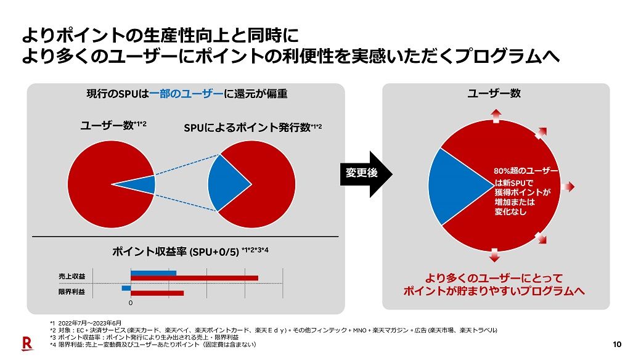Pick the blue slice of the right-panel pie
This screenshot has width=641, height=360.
tap(456, 186)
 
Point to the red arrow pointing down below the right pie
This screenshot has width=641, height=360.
tap(494, 254)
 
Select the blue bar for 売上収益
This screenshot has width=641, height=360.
tap(153, 273)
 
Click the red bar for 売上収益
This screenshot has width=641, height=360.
tap(194, 279)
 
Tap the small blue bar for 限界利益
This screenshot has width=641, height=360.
tap(126, 288)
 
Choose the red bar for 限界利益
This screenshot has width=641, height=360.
tap(157, 293)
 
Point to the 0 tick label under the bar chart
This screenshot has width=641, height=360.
tap(130, 303)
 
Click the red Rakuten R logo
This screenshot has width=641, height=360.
tap(27, 343)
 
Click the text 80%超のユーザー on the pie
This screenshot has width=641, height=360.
tap(526, 171)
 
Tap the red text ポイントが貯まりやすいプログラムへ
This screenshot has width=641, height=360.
tap(494, 290)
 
